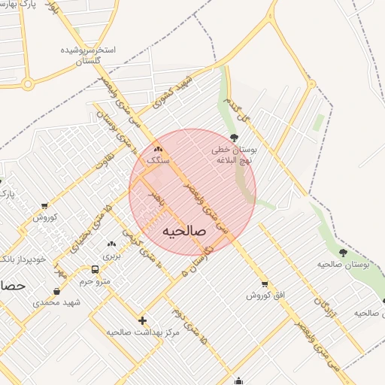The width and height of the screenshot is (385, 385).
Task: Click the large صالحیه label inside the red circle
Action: click(186, 230)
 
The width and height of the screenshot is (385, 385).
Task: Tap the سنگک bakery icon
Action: click(158, 149)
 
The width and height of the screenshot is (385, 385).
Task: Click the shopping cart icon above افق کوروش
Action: click(264, 283)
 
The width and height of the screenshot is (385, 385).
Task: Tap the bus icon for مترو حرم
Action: click(95, 269)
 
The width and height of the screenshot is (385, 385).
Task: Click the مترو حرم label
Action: click(95, 281)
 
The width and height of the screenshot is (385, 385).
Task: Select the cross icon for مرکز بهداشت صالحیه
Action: click(142, 320)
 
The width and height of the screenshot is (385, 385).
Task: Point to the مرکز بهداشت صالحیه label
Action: click(143, 332)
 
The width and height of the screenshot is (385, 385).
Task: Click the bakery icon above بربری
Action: click(111, 244)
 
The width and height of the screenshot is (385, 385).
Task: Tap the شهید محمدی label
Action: click(56, 303)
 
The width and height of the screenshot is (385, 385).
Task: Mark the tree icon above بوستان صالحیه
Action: click(343, 253)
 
